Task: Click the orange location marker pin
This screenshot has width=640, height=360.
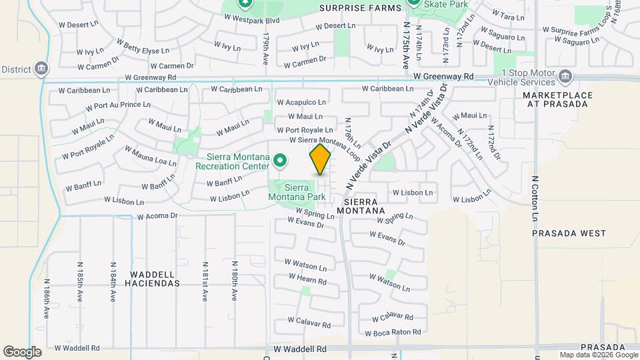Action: (x=320, y=159)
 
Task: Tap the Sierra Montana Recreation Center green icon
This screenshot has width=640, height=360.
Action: (x=281, y=161)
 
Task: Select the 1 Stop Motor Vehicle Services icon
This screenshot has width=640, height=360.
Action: (x=565, y=75)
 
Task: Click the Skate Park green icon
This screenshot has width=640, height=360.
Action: (x=414, y=3)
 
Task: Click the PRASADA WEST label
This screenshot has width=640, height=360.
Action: (x=569, y=233)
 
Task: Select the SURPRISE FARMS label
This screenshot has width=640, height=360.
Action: (x=361, y=8)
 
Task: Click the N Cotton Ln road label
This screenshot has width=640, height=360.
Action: (x=535, y=199)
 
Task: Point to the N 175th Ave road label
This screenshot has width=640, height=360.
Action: (x=406, y=45)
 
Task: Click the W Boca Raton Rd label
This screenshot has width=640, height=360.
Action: (x=393, y=331)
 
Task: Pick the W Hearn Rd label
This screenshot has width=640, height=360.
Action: (x=307, y=279)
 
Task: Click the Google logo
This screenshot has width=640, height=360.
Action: (x=22, y=352)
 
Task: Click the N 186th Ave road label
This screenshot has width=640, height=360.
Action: (x=47, y=299)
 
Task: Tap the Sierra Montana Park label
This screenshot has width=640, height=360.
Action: (x=297, y=192)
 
